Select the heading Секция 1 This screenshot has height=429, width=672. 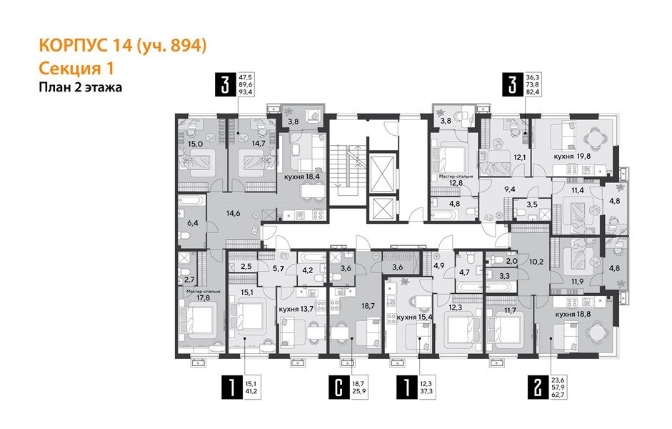77,68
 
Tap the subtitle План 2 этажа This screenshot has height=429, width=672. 79,88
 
